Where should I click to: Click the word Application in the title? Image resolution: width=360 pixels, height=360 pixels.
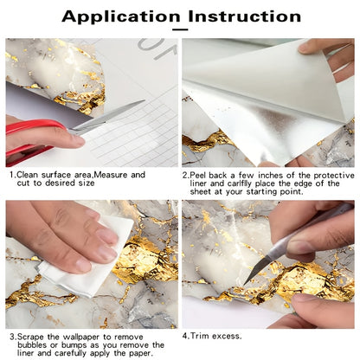point(121,16)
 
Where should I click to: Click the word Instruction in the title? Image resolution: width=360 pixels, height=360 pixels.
point(245,16)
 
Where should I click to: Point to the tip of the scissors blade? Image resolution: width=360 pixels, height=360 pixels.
point(144,100)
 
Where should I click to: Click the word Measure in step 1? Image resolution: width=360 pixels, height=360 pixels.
point(112,175)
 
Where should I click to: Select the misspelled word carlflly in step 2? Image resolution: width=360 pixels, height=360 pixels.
point(240,183)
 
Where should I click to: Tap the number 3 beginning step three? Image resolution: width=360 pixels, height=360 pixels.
point(12,337)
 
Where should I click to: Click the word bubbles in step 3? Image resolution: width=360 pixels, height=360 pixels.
point(33,345)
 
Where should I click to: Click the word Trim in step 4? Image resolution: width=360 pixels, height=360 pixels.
point(200,336)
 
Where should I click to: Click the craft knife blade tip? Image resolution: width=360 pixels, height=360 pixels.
point(245,283)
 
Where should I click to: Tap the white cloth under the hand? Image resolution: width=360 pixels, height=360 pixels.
point(87,266)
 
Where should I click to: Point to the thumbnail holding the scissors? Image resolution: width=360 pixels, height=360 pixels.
point(77,141)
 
